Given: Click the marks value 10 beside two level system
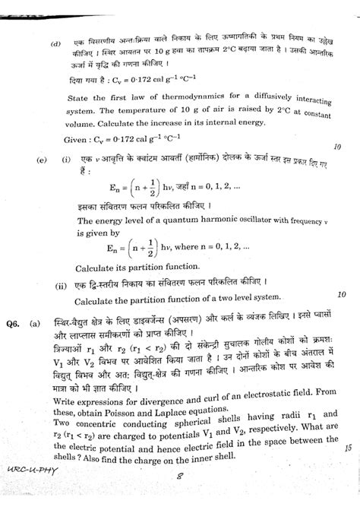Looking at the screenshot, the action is (x=341, y=293).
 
